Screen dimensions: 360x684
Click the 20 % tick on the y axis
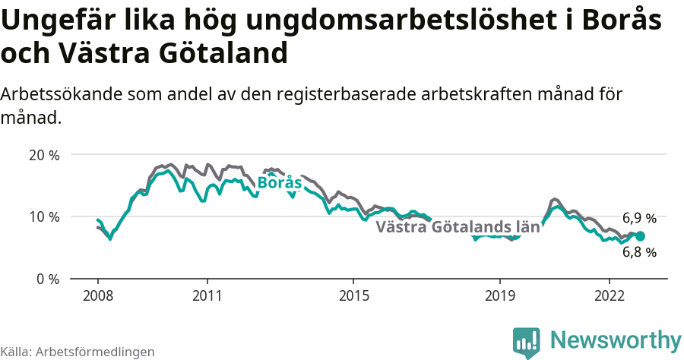point(44,155)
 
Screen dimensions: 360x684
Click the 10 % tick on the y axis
point(44,216)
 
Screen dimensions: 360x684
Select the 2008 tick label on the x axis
point(98,295)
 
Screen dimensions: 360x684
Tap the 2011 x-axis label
point(207,295)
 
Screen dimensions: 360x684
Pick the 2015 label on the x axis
point(353,295)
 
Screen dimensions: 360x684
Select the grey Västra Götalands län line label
point(458,226)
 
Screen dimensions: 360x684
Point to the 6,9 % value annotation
point(639,219)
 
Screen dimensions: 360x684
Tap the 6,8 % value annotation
point(639,252)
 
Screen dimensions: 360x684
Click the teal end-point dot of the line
point(640,236)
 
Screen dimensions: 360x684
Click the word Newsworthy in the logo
point(616,339)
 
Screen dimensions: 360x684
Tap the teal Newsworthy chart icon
point(526,342)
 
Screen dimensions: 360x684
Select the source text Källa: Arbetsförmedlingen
point(78,352)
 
